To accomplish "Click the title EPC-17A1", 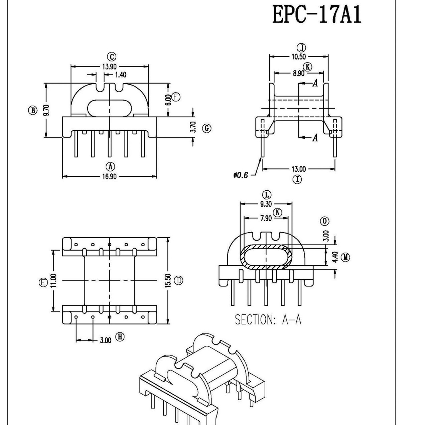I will (x=317, y=15).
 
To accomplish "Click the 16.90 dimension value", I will (x=109, y=176).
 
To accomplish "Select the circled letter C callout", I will (x=111, y=57).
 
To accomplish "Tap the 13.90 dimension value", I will (x=109, y=66).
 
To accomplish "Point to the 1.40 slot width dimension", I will (x=121, y=75).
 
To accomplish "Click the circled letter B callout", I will (x=32, y=110).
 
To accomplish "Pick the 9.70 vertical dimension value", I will (x=46, y=110).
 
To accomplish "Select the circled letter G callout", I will (x=207, y=128).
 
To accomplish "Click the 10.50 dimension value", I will (x=298, y=57).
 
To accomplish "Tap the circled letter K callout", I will (x=307, y=66).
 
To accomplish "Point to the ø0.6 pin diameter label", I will (x=241, y=175).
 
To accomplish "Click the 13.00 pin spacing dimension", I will (x=298, y=169).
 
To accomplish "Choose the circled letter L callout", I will (x=266, y=195).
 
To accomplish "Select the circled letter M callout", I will (x=346, y=257).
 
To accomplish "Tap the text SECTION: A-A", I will (x=268, y=320).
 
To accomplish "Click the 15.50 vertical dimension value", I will (x=168, y=280).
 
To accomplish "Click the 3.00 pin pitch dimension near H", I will (x=105, y=340).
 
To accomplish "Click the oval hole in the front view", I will (x=110, y=108).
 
